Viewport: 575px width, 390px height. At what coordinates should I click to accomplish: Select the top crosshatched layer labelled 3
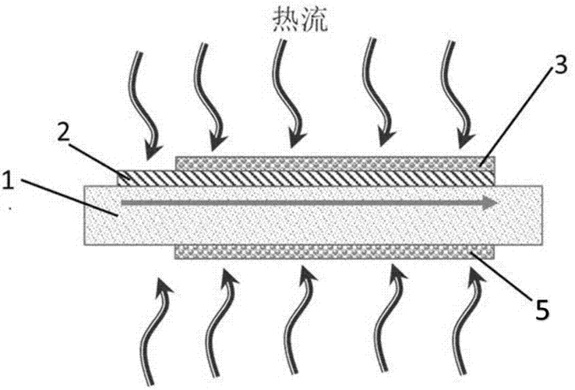327,163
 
